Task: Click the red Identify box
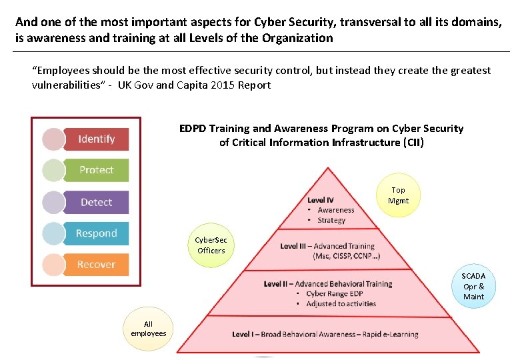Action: click(x=97, y=139)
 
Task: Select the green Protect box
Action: click(x=97, y=170)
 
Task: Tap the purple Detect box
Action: click(x=97, y=202)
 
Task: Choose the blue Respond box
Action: click(x=97, y=233)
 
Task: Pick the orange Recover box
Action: click(x=97, y=265)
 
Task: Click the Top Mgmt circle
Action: click(x=398, y=195)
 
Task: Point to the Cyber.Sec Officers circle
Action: click(x=211, y=245)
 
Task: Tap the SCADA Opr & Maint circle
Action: click(x=473, y=286)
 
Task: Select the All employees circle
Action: click(x=148, y=329)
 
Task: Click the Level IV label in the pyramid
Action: click(x=321, y=200)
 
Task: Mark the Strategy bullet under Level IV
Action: click(x=331, y=220)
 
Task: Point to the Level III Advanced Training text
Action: click(x=327, y=246)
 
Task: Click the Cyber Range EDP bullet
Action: click(x=334, y=293)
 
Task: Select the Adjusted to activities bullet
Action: click(x=341, y=303)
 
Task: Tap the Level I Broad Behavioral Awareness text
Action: click(x=325, y=334)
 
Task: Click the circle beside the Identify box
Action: click(x=54, y=139)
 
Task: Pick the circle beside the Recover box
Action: click(x=54, y=265)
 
